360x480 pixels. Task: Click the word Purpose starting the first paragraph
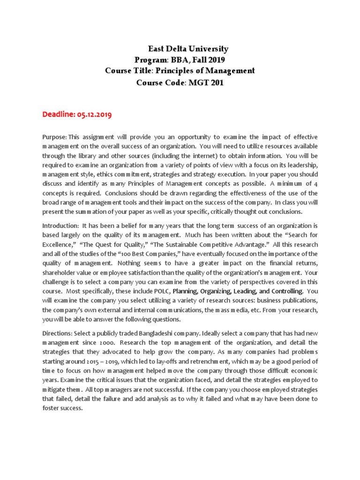tap(54, 136)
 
